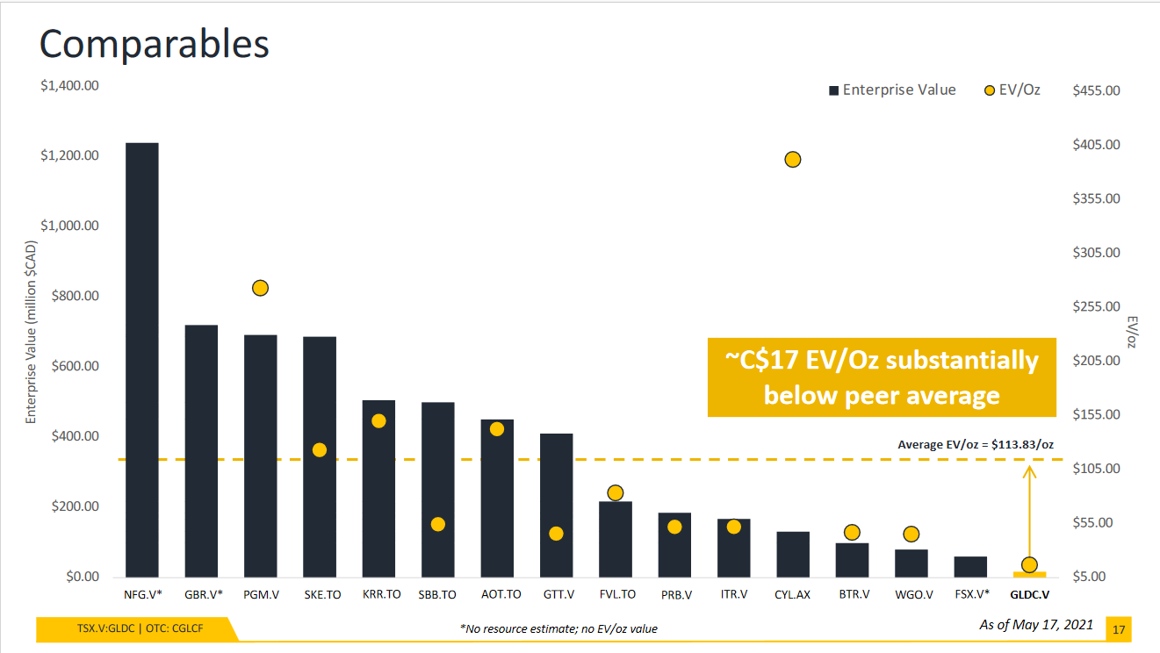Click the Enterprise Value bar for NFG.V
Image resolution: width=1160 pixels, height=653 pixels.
[x=142, y=360]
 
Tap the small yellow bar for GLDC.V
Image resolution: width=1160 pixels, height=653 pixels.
[x=1029, y=574]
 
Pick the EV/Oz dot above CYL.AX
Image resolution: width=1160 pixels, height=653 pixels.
[x=793, y=159]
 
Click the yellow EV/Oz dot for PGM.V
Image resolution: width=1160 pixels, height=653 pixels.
[x=260, y=288]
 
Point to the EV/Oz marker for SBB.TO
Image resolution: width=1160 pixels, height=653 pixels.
[x=438, y=524]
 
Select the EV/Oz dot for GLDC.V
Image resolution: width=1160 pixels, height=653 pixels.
[x=1029, y=564]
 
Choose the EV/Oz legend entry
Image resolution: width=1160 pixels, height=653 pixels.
[x=1012, y=90]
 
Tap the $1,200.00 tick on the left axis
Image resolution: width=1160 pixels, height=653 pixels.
[x=69, y=155]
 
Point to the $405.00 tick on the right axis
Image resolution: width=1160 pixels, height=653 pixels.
[x=1096, y=144]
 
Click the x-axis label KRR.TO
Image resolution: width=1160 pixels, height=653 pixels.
[x=381, y=594]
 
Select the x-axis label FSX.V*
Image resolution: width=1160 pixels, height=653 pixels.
[x=969, y=594]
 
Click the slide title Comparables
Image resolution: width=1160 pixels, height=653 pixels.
[x=154, y=44]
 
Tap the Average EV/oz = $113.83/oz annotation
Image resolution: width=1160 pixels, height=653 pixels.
[x=975, y=445]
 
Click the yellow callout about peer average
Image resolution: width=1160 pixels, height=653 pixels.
[x=882, y=377]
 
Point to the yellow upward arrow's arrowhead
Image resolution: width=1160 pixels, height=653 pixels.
[x=1030, y=471]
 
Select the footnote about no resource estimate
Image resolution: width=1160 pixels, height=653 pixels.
[x=558, y=628]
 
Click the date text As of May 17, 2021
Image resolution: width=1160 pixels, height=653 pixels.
[x=1036, y=625]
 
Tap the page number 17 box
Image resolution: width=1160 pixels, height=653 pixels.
[x=1119, y=629]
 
